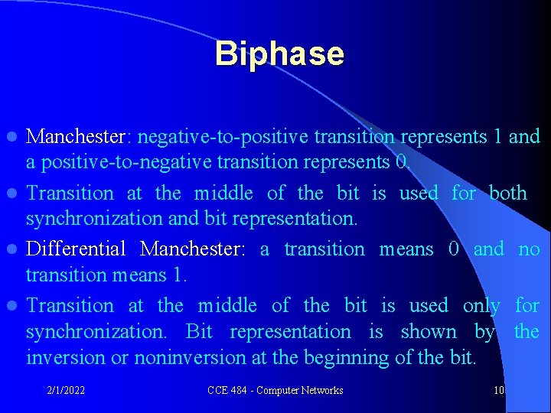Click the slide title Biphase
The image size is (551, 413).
coord(279,54)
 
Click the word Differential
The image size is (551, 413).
coord(76,249)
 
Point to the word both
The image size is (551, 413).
coord(508,193)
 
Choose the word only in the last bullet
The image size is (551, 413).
coord(481,306)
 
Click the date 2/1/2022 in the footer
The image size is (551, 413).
coord(65,391)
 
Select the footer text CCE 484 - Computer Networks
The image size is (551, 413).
coord(275,391)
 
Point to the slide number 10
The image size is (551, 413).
coord(498,391)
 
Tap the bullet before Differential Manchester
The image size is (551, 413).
coord(13,250)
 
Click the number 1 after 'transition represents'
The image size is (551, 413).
coord(497,138)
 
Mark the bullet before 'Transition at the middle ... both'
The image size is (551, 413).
coord(13,194)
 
